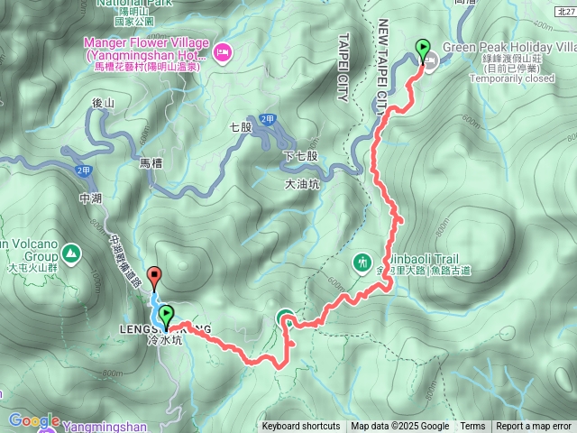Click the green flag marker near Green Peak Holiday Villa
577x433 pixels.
[x=421, y=50]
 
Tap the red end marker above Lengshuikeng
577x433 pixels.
[x=154, y=278]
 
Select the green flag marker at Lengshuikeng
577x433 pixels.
[x=167, y=314]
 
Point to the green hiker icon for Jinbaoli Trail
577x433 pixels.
[x=362, y=263]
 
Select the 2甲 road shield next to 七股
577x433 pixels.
[x=267, y=119]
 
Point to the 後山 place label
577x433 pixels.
[x=104, y=105]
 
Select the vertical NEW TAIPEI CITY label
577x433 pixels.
[x=383, y=62]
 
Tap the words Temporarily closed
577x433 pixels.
[x=512, y=78]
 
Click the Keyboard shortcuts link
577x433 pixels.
[x=301, y=426]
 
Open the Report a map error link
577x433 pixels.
[x=534, y=426]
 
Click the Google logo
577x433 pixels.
[x=34, y=420]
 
